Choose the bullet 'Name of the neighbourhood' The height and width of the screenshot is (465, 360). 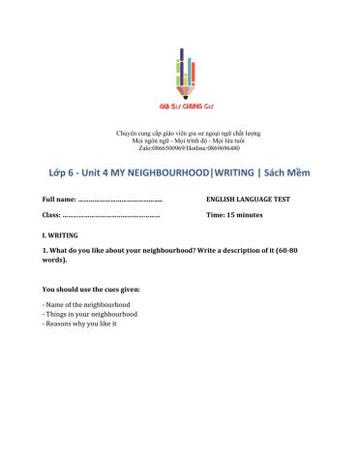click(x=84, y=305)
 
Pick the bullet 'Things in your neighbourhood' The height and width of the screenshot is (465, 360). click(x=90, y=314)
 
